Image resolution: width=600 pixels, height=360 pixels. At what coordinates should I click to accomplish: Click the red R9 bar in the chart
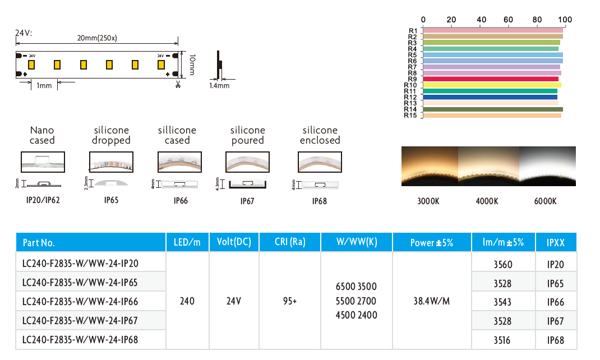click(491, 79)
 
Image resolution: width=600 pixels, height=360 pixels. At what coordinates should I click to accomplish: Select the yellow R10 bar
click(492, 85)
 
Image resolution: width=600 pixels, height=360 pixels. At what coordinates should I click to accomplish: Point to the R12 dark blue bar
click(490, 97)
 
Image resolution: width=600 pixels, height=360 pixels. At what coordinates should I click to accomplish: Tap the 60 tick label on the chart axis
click(508, 20)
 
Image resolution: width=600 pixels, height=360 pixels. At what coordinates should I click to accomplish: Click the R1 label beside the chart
click(413, 31)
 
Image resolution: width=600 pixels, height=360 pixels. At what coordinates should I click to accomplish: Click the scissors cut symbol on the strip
click(178, 84)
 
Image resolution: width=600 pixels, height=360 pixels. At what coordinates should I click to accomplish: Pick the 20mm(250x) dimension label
click(97, 38)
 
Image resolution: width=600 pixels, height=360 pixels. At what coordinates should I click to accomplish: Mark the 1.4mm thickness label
click(219, 86)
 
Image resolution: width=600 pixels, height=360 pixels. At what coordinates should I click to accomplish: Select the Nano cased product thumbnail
click(43, 162)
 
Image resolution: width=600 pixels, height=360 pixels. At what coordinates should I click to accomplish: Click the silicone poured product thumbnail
click(248, 162)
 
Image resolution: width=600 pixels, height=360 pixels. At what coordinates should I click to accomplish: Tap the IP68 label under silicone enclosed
click(320, 201)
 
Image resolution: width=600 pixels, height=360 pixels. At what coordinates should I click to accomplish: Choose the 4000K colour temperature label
click(487, 201)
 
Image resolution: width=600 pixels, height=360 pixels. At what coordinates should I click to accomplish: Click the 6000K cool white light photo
click(547, 166)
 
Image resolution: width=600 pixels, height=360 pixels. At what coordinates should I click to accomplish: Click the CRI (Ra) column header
click(290, 242)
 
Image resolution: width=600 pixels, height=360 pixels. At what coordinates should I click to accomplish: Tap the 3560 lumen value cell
click(503, 264)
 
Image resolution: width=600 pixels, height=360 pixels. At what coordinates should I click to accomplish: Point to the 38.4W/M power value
click(432, 301)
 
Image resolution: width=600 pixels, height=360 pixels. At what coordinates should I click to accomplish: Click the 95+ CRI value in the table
click(290, 301)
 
